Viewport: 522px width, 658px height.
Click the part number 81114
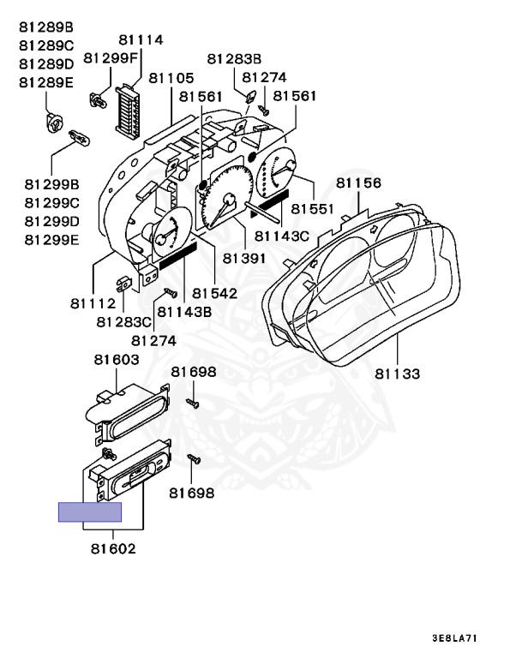pyautogui.click(x=141, y=39)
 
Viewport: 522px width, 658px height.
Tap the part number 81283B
pyautogui.click(x=234, y=58)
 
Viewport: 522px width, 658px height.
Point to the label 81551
pyautogui.click(x=314, y=208)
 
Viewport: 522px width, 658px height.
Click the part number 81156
pyautogui.click(x=358, y=183)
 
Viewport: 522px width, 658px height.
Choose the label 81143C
pyautogui.click(x=285, y=235)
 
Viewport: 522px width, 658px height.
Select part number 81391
pyautogui.click(x=244, y=257)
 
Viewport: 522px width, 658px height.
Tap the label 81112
pyautogui.click(x=93, y=303)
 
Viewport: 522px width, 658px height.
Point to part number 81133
pyautogui.click(x=398, y=374)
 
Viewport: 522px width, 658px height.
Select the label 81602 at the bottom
pyautogui.click(x=111, y=548)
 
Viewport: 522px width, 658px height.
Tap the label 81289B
pyautogui.click(x=46, y=27)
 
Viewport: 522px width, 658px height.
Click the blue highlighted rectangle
pyautogui.click(x=90, y=511)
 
